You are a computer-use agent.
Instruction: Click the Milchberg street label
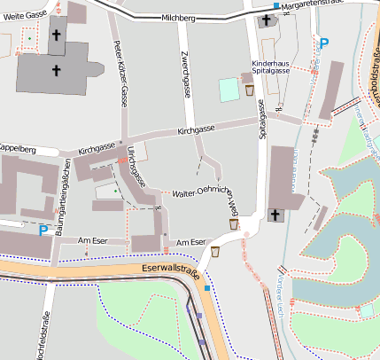tap(178, 18)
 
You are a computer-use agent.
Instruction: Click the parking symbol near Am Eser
tap(43, 231)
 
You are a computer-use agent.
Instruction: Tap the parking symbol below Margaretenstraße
tap(323, 43)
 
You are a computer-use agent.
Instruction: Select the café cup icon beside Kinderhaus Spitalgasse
tap(251, 90)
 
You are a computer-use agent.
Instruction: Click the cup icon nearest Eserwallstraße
tap(214, 251)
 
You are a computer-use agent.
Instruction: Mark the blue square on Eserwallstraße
tap(207, 287)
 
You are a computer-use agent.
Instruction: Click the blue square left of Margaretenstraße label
tap(276, 6)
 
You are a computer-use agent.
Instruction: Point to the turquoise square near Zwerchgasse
tap(229, 89)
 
